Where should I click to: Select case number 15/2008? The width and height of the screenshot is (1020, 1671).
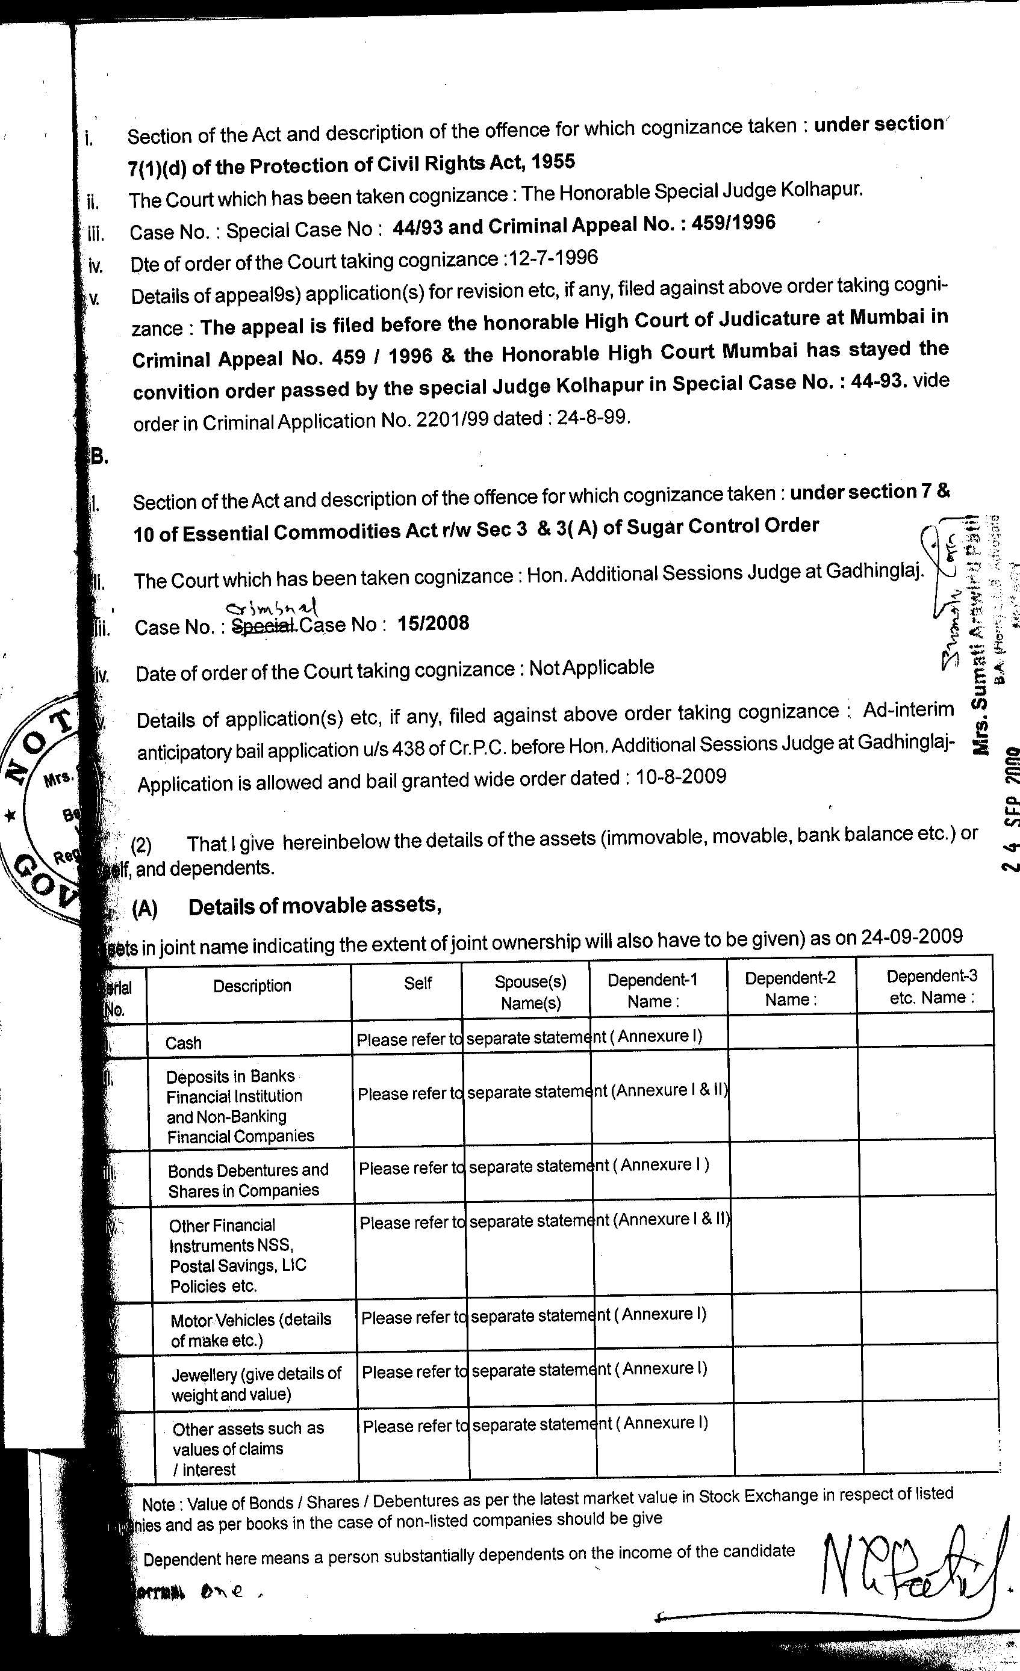pyautogui.click(x=433, y=623)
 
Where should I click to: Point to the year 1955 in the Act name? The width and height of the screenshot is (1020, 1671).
pyautogui.click(x=553, y=161)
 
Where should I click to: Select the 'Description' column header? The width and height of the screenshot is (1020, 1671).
pyautogui.click(x=252, y=986)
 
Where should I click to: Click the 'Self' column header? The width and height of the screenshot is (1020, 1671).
pyautogui.click(x=417, y=983)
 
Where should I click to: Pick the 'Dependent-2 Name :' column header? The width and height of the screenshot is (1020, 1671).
pyautogui.click(x=790, y=988)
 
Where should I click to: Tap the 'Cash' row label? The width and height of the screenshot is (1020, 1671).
pyautogui.click(x=183, y=1042)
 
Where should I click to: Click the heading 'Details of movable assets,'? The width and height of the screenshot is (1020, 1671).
pyautogui.click(x=315, y=906)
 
